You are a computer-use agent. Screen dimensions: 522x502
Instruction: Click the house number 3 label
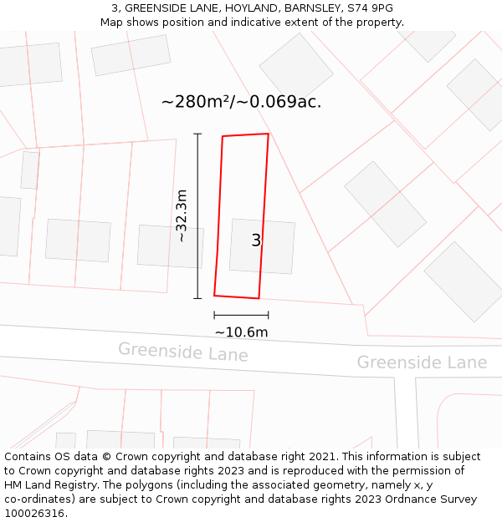[256, 241]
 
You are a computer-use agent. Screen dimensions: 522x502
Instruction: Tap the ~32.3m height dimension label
[182, 216]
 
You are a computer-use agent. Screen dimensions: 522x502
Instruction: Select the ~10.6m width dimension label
[241, 332]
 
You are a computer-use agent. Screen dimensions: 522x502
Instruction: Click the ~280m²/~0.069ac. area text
[241, 102]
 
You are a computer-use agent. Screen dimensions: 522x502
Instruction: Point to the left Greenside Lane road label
[182, 352]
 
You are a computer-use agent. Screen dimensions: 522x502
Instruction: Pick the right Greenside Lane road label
[422, 362]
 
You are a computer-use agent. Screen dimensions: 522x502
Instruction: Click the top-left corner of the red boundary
[223, 136]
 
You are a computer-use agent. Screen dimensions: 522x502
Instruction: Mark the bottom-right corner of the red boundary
[259, 298]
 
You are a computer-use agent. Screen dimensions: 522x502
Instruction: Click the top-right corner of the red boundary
[269, 134]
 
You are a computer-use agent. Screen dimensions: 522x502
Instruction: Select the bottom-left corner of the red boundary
[214, 295]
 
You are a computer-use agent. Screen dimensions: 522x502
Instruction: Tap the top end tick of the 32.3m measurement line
[198, 134]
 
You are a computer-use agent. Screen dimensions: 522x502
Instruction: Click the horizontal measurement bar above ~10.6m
[241, 315]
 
